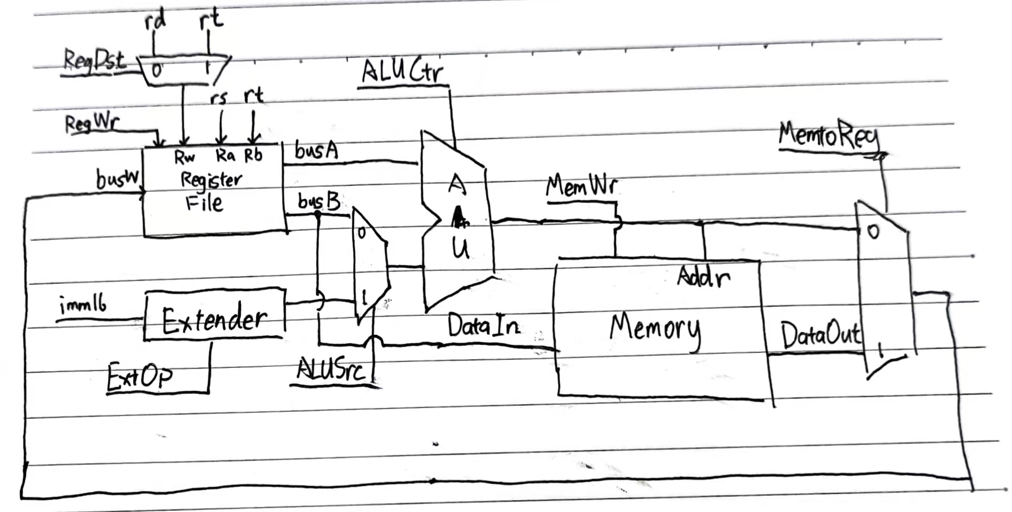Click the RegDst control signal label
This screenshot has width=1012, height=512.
coord(94,60)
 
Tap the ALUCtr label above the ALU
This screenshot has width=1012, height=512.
coord(402,72)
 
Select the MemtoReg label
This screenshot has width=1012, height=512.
coord(828,135)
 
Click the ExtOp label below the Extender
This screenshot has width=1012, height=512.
coord(140,377)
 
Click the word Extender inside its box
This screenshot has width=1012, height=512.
coord(214,320)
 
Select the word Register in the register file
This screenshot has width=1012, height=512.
coord(211,179)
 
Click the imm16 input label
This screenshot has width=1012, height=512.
coord(83,306)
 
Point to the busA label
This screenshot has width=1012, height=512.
coord(316,150)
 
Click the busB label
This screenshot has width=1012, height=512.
coord(319,202)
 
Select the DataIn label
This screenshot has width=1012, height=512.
coord(483,326)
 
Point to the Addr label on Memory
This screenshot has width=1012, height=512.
coord(703,277)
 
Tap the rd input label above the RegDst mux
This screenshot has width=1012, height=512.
coord(155,21)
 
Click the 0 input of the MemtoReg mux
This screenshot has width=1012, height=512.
coord(873,232)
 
